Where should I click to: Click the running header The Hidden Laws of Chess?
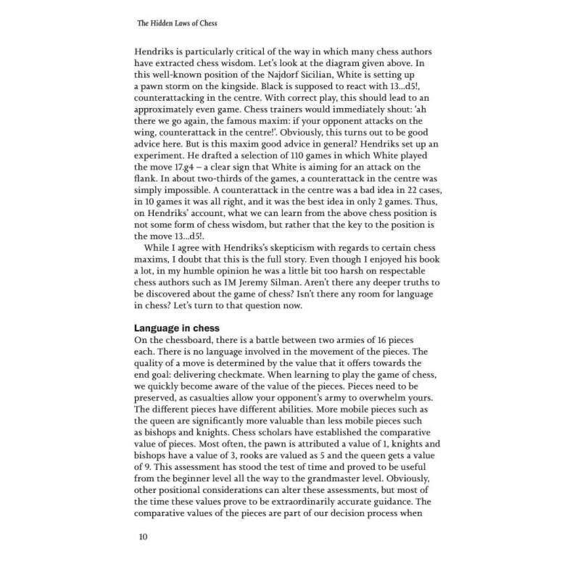178,23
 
